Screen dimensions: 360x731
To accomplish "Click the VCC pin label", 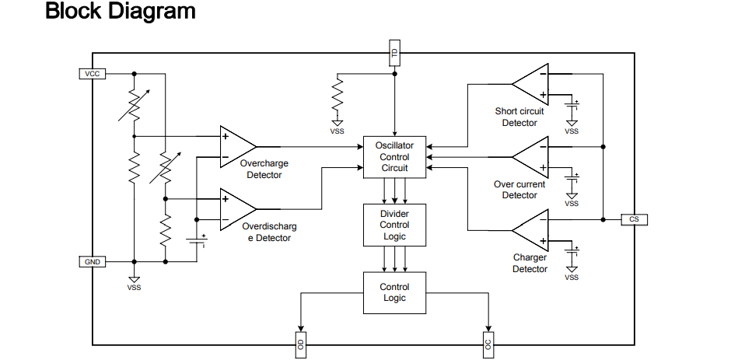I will pyautogui.click(x=92, y=74).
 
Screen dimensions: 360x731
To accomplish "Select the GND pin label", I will pyautogui.click(x=92, y=262).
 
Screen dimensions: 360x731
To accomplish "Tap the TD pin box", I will pyautogui.click(x=394, y=54).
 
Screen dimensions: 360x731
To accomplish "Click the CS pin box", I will pyautogui.click(x=634, y=219).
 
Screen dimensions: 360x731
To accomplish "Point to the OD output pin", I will pyautogui.click(x=300, y=344).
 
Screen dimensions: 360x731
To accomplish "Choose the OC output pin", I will pyautogui.click(x=488, y=344).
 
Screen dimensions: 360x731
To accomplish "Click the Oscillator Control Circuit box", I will pyautogui.click(x=394, y=157).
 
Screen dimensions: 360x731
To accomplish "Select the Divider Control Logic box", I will pyautogui.click(x=394, y=225).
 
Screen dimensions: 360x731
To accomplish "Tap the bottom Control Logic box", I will pyautogui.click(x=394, y=292).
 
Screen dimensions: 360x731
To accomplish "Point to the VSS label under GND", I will pyautogui.click(x=134, y=288).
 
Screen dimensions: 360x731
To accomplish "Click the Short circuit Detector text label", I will pyautogui.click(x=519, y=117).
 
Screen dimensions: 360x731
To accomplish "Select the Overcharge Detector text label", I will pyautogui.click(x=264, y=170).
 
